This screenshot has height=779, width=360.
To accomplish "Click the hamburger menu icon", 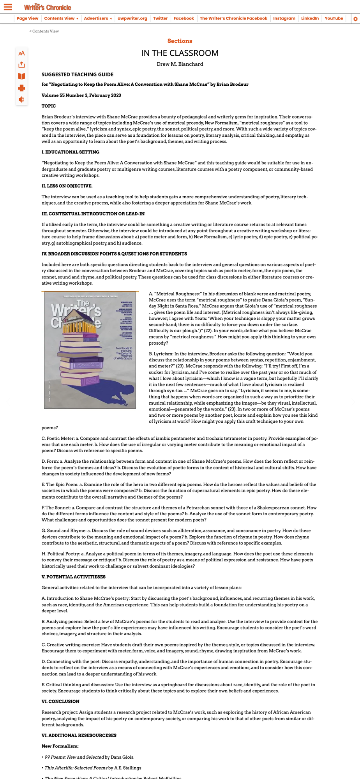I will point(8,7).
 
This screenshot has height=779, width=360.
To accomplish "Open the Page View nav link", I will point(27,18).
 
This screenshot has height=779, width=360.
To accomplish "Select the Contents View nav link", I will point(59,18).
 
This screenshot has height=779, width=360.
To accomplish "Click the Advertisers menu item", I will point(96,18).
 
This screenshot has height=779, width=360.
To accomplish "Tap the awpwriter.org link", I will point(132,18).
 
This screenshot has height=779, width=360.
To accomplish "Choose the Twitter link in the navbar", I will point(160,18).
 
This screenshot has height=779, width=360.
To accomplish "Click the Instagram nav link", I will point(284,18).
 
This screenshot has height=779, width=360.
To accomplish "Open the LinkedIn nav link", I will point(310,18).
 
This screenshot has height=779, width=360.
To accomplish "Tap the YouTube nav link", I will point(334,18).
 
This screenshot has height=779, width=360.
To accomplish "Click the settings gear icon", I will point(355,19).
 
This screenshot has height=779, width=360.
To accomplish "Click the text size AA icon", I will point(21,53).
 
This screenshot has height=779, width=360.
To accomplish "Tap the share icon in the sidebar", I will point(21,65).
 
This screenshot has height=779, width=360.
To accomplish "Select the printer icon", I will point(21,88).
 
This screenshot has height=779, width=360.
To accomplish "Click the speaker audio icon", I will point(21,99).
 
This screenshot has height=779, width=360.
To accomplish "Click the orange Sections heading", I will point(180,41).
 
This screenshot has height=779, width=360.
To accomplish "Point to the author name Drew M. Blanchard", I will point(180,64).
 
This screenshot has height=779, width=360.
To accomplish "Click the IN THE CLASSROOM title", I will point(180,53).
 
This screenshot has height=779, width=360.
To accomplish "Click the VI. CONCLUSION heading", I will point(60,701).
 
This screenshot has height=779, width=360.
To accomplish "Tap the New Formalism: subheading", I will point(60,746).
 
